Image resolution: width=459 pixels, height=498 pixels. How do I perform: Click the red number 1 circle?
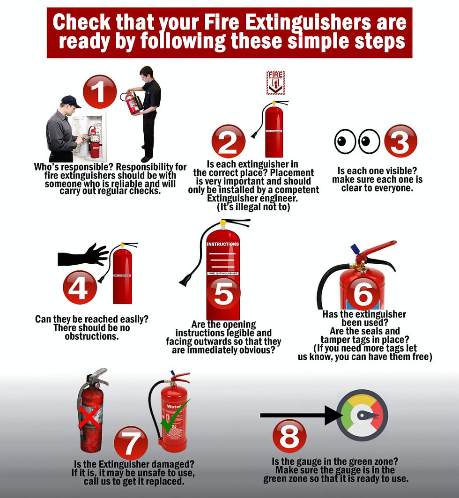coord(99,92)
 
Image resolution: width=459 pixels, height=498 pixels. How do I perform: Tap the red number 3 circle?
coord(400,141)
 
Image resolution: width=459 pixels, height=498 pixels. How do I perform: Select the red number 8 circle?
coord(289,436)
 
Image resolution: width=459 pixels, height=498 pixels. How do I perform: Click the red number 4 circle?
coord(80,287)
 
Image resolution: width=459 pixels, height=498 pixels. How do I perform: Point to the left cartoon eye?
coord(345,141)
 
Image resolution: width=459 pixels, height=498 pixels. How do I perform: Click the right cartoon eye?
coord(370,141)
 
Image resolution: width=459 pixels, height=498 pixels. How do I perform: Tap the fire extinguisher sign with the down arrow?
coord(275,82)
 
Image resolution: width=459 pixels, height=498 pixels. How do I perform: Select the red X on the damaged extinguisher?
coord(89,417)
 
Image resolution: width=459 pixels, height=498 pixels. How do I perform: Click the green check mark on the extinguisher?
coord(175,416)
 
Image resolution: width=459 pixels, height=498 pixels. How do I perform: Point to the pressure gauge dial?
coord(362,415)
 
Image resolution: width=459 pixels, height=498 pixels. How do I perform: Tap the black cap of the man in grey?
coord(70,100)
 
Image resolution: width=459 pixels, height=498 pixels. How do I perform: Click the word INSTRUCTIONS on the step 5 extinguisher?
coord(223,244)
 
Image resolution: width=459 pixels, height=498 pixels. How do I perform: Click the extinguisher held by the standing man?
coord(133,103)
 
